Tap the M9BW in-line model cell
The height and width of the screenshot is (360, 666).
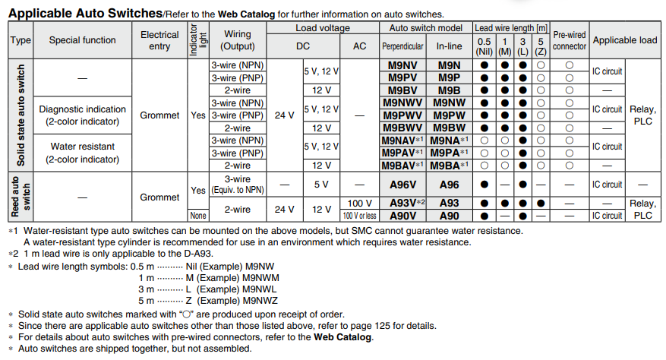coord(449,128)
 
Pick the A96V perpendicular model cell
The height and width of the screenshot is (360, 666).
coord(402,185)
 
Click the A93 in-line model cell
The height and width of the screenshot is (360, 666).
coord(449,203)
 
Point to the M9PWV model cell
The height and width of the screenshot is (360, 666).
coord(402,115)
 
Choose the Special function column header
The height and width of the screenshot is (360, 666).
coord(82,40)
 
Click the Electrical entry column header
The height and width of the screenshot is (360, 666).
coord(159,40)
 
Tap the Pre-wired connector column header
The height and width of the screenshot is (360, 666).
coord(570,40)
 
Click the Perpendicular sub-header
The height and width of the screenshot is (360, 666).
coord(402,46)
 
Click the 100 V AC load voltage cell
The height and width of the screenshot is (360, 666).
coord(359,203)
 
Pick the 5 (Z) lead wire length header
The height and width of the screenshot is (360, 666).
coord(540,46)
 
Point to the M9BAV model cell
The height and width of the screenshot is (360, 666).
coord(402,165)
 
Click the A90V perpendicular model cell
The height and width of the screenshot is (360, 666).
coord(402,216)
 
